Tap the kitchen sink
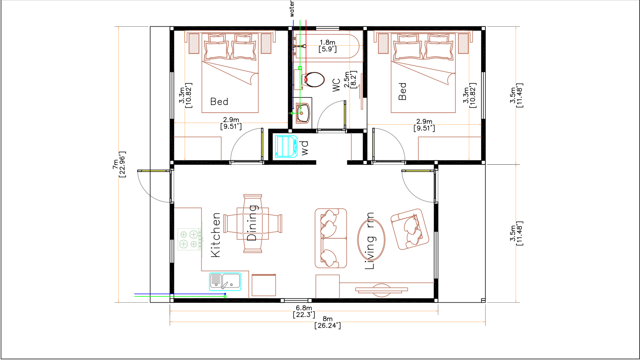tap(225, 282)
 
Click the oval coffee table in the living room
tap(371, 239)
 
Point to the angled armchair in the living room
tap(410, 229)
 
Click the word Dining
tap(252, 223)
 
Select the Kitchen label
tap(216, 235)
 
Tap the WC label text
tap(336, 85)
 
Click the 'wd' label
tap(305, 148)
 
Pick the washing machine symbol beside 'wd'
tap(286, 146)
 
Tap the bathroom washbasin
tap(303, 113)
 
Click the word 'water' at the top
tap(292, 9)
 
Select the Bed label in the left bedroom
tap(219, 102)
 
